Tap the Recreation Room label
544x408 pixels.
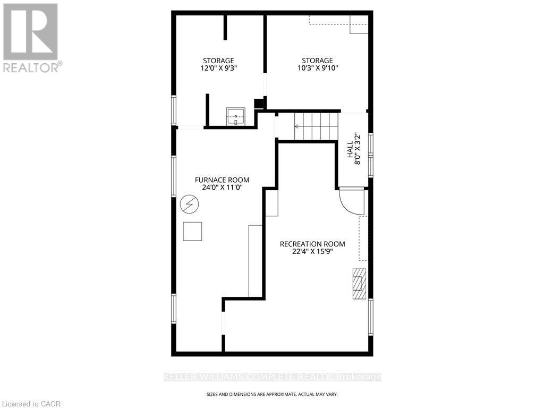point(312,244)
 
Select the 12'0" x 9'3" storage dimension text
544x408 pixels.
point(218,68)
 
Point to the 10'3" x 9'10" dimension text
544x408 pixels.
point(317,68)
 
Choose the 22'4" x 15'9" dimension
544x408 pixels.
point(312,252)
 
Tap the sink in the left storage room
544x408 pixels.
point(236,116)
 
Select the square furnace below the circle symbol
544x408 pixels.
point(192,231)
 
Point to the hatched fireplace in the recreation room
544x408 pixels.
point(360,284)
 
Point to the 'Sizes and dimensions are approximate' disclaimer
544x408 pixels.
point(271,394)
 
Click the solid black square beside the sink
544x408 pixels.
point(259,104)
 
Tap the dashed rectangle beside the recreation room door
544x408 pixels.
point(363,238)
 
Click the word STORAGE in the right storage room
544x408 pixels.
point(317,61)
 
